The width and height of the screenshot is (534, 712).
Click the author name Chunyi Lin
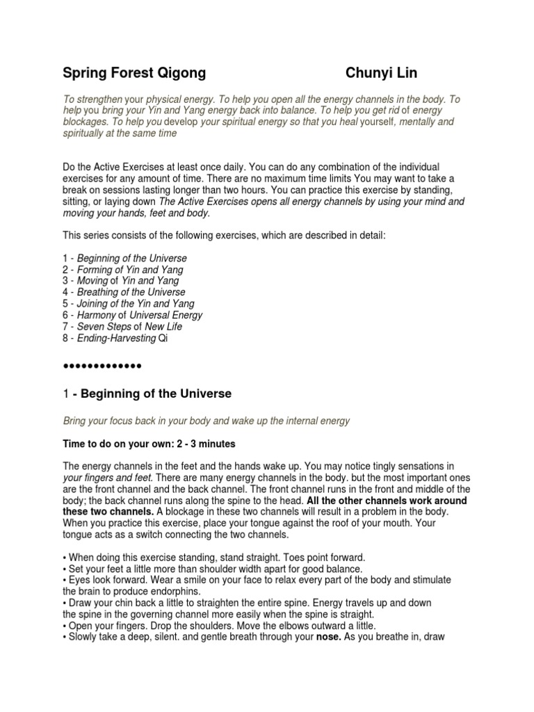[382, 73]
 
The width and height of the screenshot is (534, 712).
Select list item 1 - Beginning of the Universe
[125, 259]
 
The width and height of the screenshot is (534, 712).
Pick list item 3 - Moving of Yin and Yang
[121, 281]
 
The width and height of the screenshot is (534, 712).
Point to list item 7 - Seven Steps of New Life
[119, 327]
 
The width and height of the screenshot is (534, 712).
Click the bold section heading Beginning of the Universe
[156, 394]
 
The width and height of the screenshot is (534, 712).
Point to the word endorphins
[166, 590]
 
